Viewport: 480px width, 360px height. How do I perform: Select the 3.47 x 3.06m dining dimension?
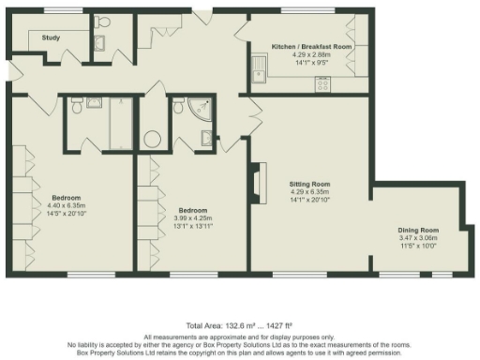(417, 238)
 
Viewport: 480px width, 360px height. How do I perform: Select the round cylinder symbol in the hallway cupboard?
(151, 140)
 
